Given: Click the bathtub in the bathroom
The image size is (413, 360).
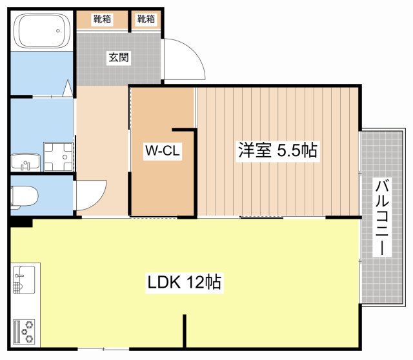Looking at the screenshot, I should click(42, 31).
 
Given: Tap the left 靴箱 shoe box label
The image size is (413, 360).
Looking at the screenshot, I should click(102, 19).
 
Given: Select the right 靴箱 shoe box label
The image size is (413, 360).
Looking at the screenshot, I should click(146, 19).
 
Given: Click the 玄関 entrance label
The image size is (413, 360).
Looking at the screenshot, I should click(118, 57).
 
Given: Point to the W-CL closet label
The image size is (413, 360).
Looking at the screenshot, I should click(162, 152).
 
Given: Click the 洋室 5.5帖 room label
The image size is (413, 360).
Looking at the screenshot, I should click(277, 151).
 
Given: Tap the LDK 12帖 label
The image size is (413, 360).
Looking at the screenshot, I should click(185, 282).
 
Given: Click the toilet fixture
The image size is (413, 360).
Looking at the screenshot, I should click(23, 195).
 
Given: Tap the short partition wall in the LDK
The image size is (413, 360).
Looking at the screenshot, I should click(185, 332).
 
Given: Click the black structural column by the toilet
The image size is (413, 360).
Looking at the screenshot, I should click(21, 222).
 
